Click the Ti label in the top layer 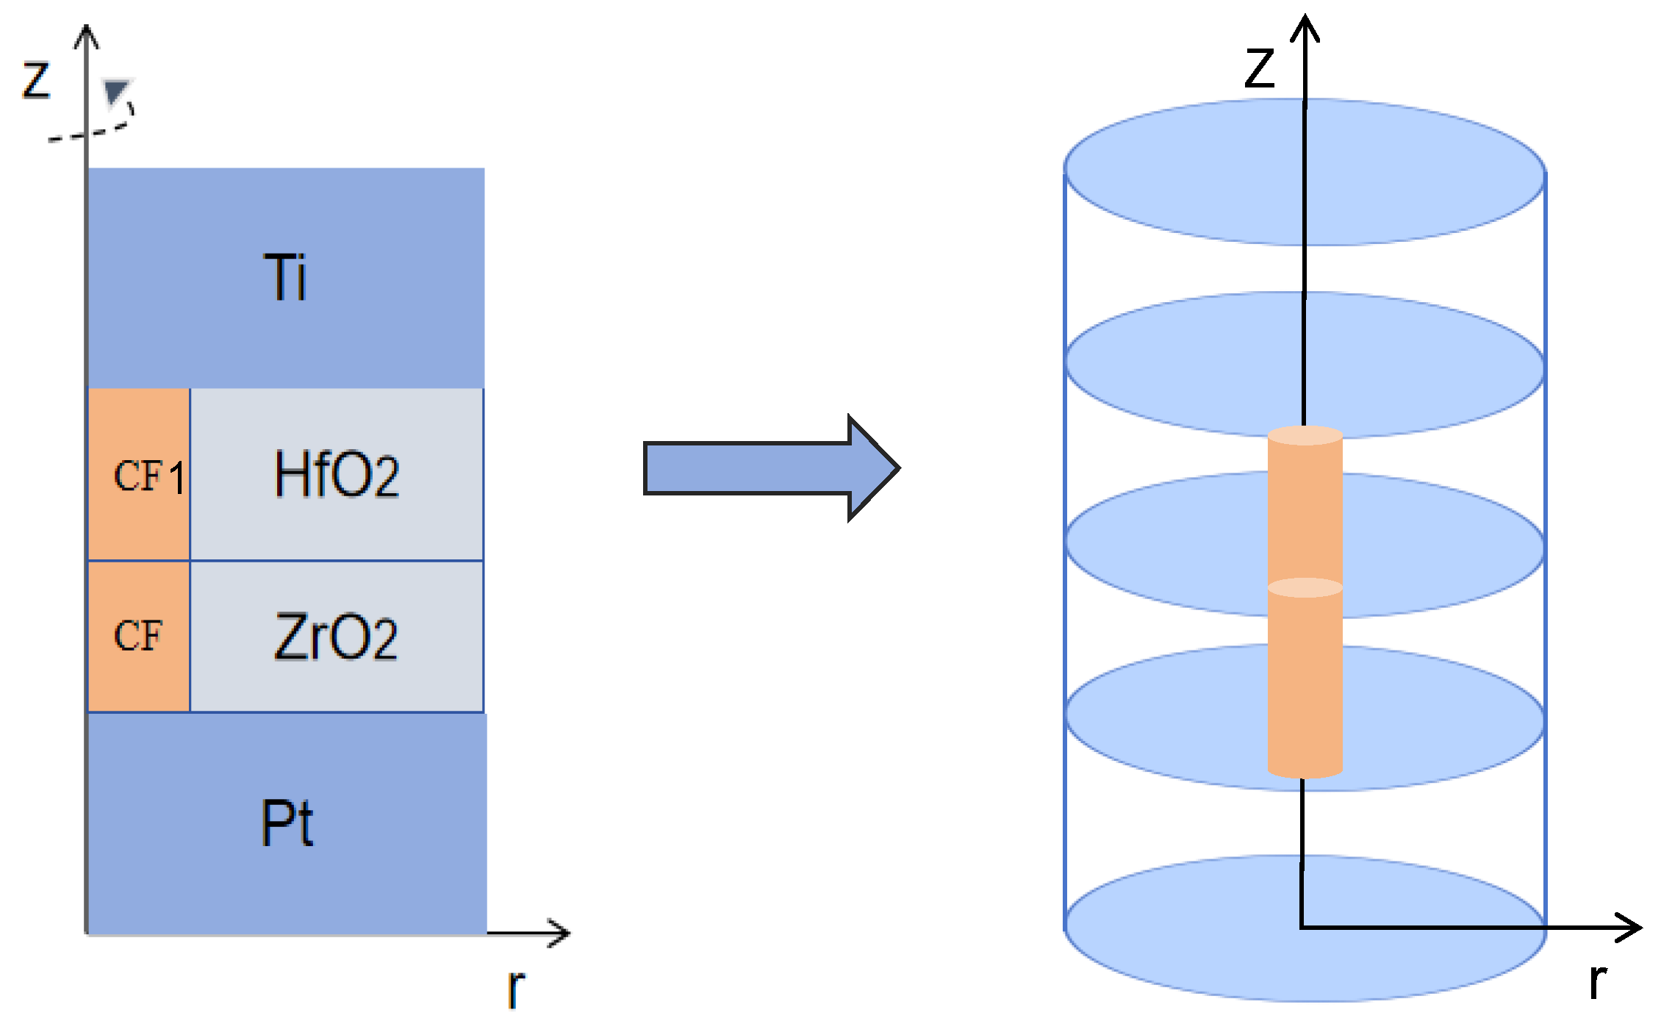pos(285,277)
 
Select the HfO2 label pos(337,475)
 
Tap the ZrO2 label pos(336,637)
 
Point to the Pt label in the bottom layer pos(287,823)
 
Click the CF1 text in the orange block pos(148,476)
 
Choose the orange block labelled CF pos(139,637)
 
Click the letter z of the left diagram pos(35,80)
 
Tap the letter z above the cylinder pos(1259,68)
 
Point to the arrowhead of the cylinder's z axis pos(1305,26)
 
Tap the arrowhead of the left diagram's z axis pos(87,35)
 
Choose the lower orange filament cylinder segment pos(1305,684)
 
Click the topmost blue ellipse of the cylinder pos(1305,172)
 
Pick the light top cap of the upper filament pos(1305,435)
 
